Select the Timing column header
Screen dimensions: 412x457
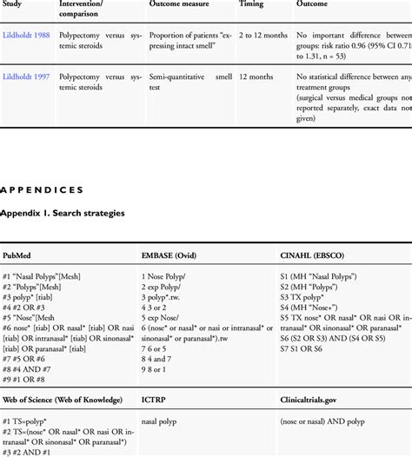(x=251, y=3)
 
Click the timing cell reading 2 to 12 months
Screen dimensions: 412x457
(x=264, y=35)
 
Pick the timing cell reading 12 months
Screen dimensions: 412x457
(x=256, y=77)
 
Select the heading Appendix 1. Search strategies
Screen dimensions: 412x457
(x=62, y=213)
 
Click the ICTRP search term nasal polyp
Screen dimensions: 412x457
(x=160, y=422)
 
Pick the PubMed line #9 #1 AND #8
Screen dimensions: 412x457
(x=30, y=379)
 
